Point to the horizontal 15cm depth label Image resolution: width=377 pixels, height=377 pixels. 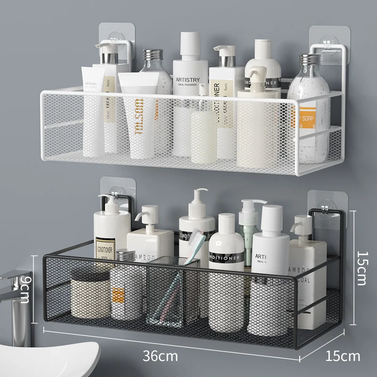[343, 355]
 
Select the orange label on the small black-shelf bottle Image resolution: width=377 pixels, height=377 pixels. [118, 295]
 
